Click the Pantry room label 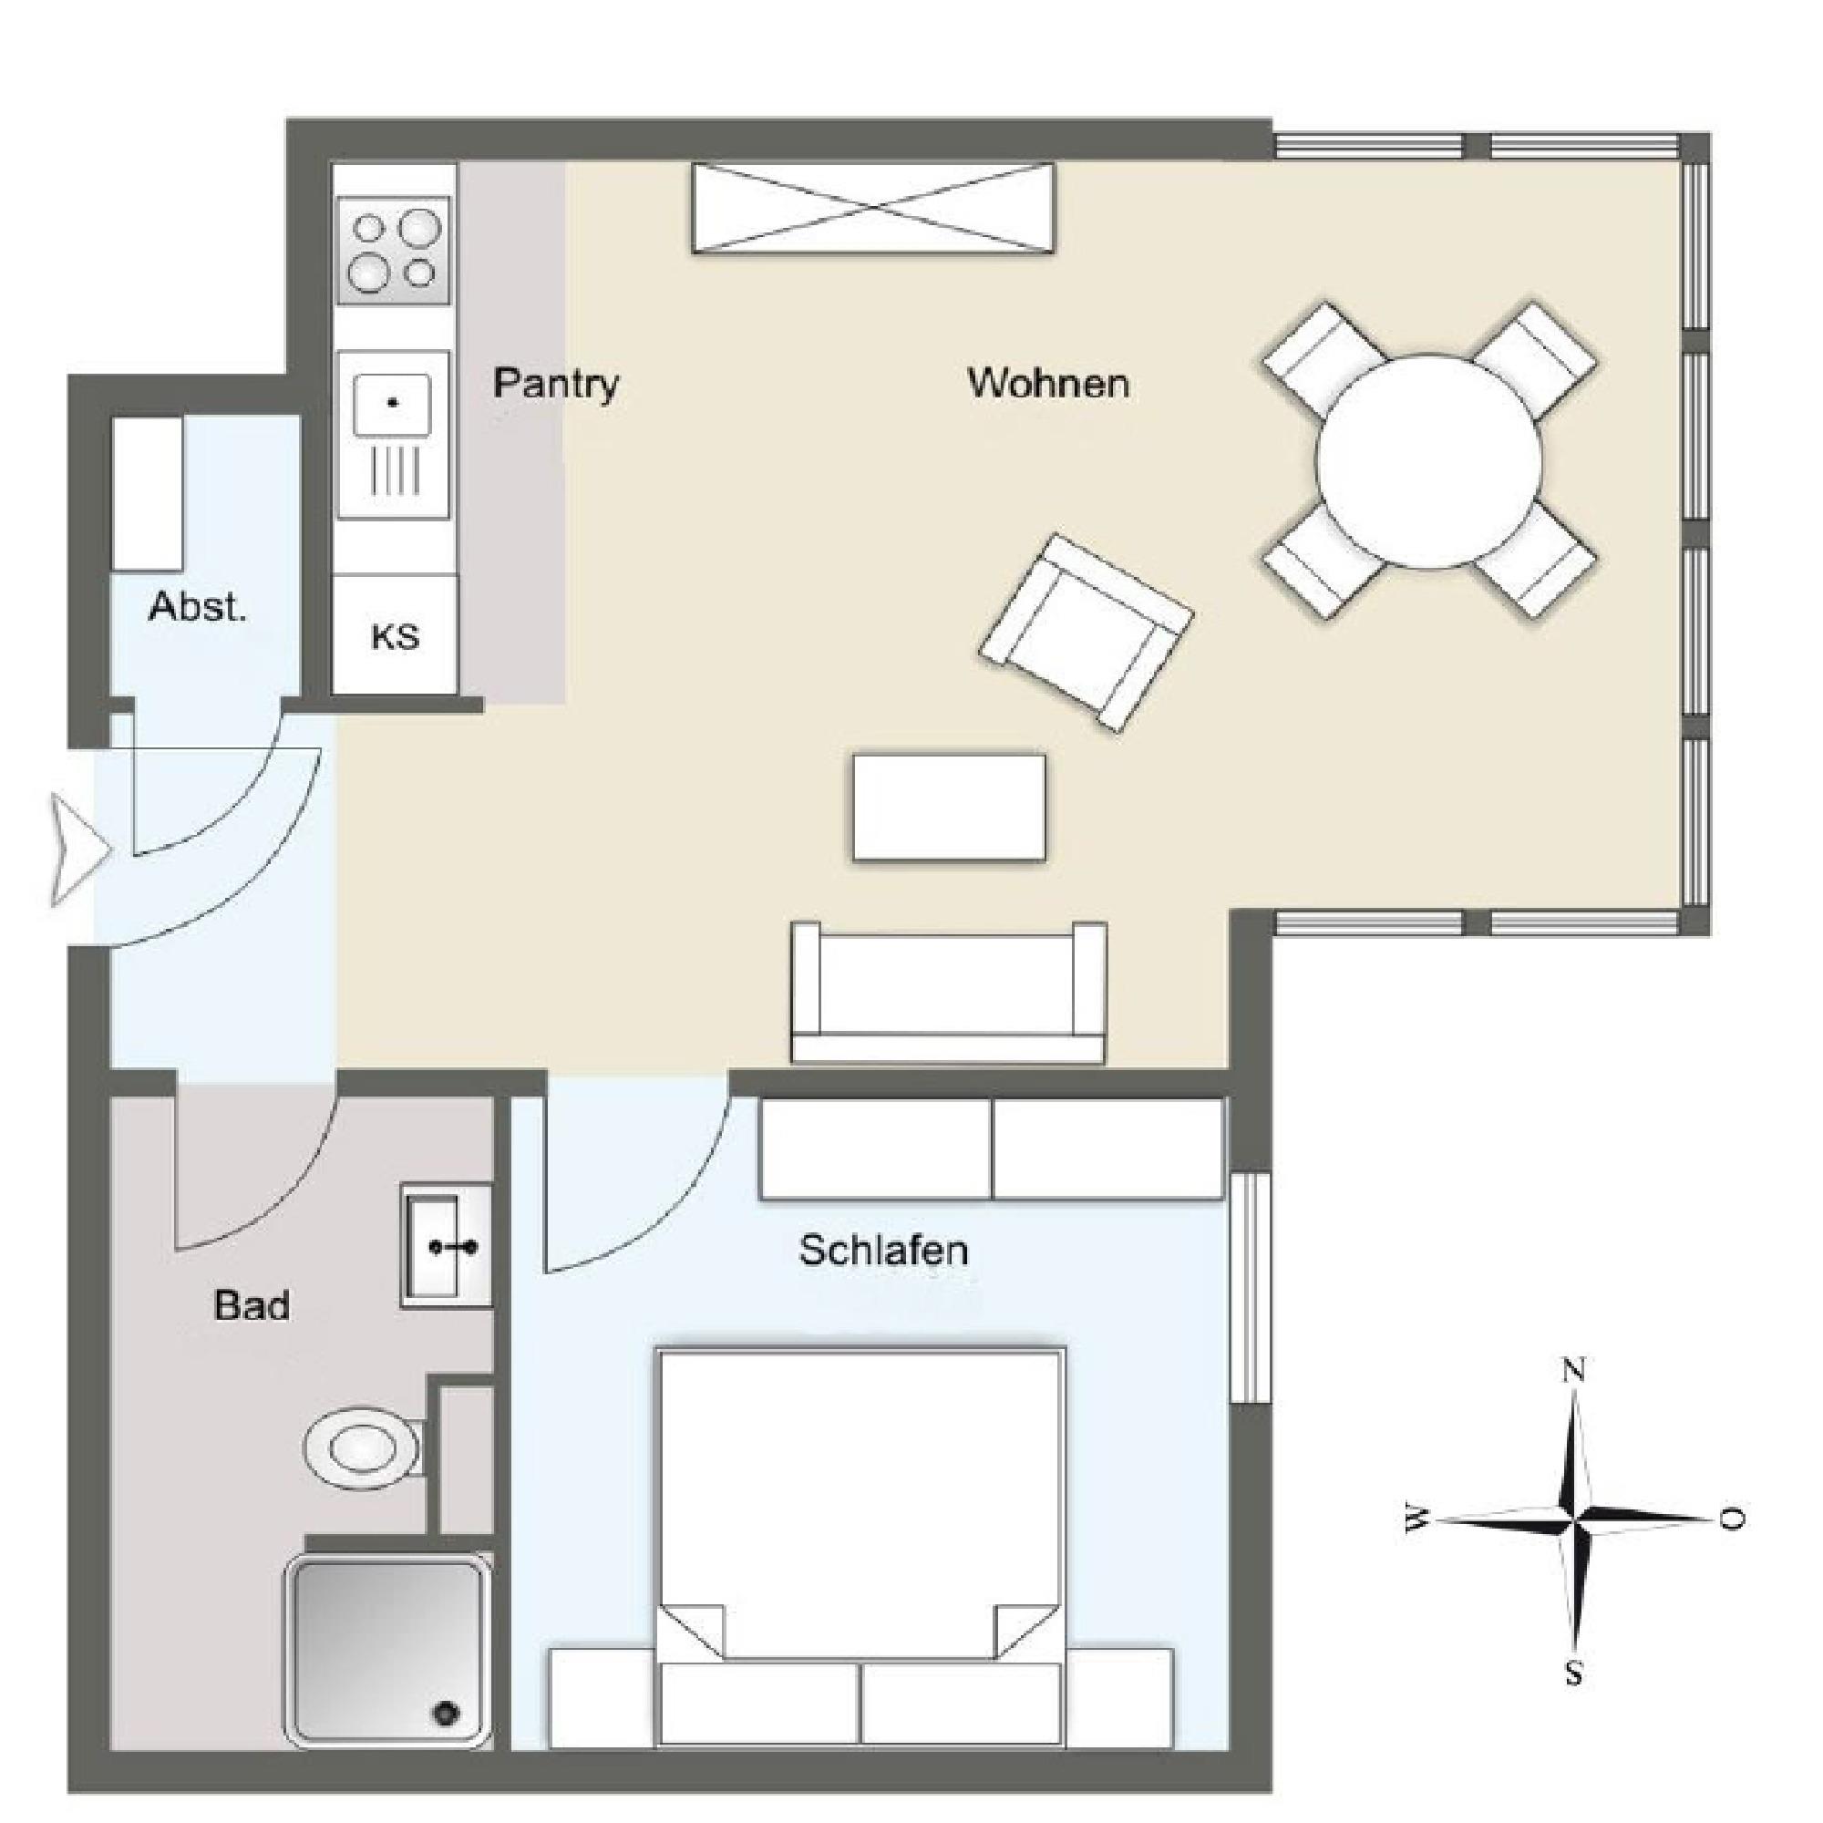[x=556, y=384]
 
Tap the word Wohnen [x=1048, y=383]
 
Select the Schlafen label [x=883, y=1251]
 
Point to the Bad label [x=252, y=1306]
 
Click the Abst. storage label [x=197, y=607]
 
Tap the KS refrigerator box [x=396, y=635]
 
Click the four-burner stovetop [x=393, y=251]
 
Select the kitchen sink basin [x=393, y=404]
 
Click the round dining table [x=1428, y=460]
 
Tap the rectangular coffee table [x=949, y=808]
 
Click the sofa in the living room [x=948, y=994]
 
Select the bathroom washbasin [x=446, y=1246]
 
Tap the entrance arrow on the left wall [x=80, y=850]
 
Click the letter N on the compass [x=1573, y=1370]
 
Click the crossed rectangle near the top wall [x=873, y=208]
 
